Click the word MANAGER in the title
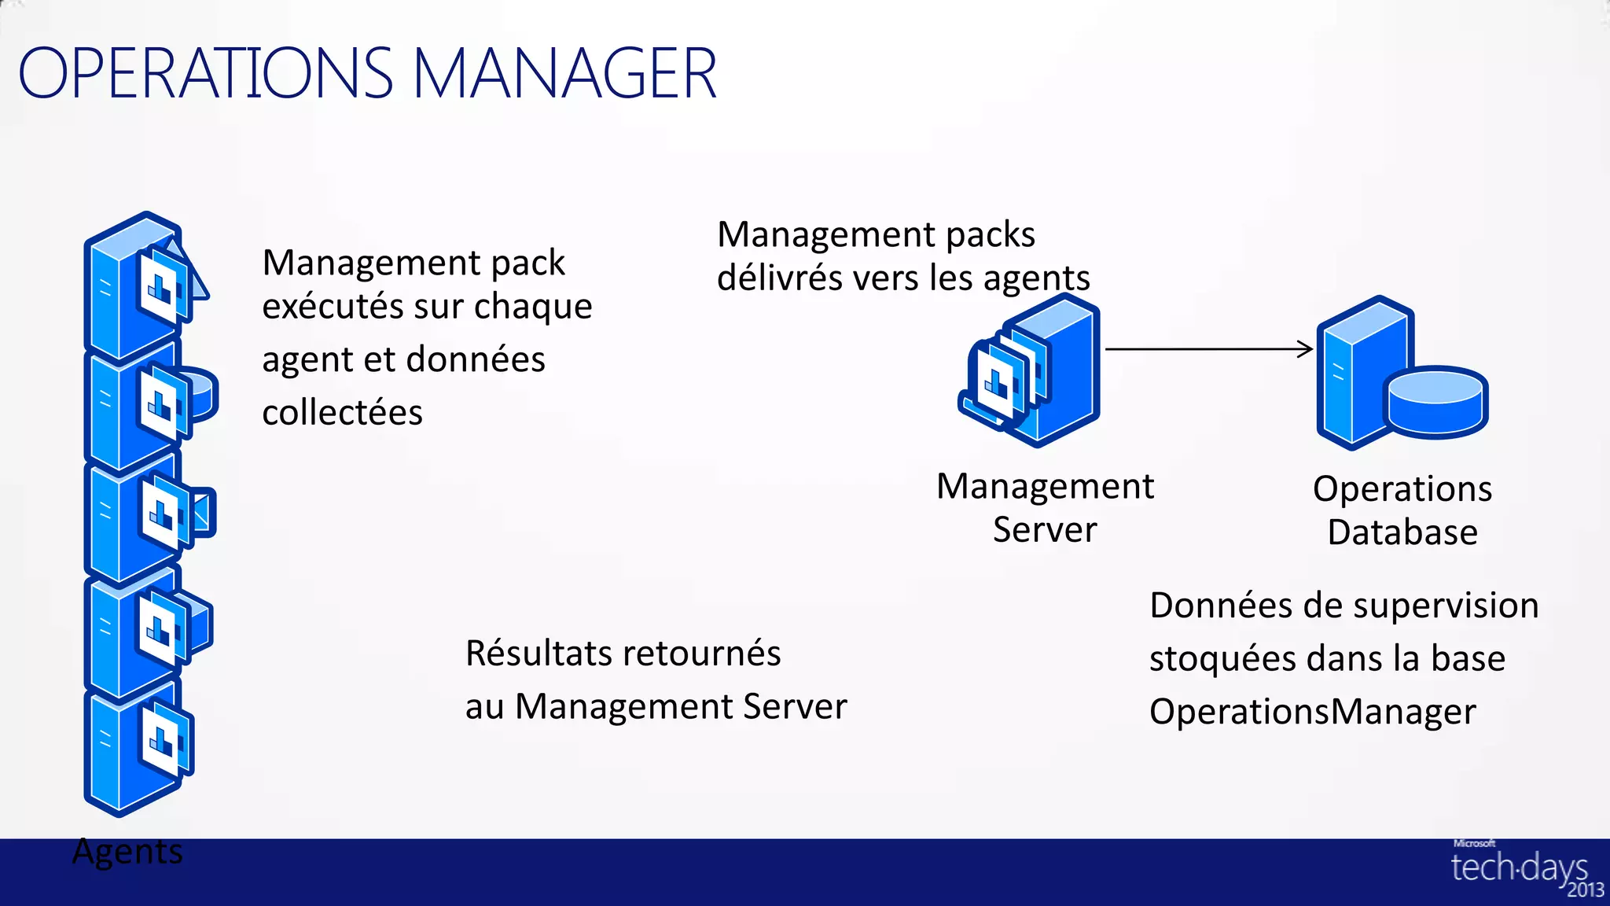(x=564, y=73)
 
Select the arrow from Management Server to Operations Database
(x=1208, y=348)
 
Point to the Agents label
(x=127, y=852)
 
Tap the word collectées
(x=342, y=412)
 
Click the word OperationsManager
(x=1312, y=712)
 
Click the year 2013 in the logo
(x=1585, y=890)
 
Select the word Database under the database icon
(x=1402, y=532)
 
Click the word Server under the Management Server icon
(x=1044, y=530)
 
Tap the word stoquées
(x=1220, y=658)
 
